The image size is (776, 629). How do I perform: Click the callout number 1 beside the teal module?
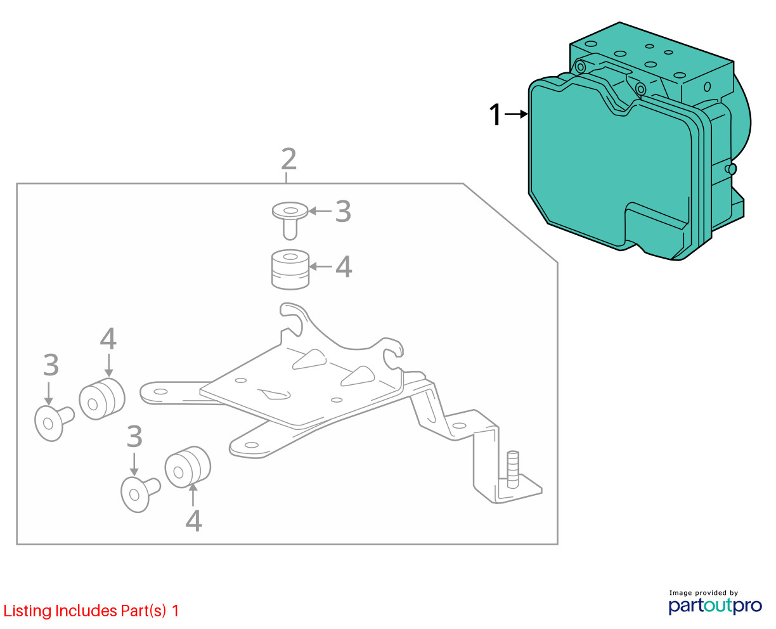point(495,114)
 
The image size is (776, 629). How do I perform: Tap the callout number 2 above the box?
point(289,159)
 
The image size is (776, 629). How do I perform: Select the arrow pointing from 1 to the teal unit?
point(516,114)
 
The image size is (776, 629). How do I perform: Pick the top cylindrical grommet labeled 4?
point(290,269)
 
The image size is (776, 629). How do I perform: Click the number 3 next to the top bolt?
point(343,211)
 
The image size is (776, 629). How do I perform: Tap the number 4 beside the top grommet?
point(344,267)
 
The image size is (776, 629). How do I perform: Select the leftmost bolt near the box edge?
point(54,423)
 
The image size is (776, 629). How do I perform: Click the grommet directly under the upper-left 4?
point(102,399)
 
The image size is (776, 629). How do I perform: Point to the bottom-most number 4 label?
point(193,521)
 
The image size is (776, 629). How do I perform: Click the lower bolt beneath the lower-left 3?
point(140,494)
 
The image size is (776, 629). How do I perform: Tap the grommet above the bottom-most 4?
point(188,467)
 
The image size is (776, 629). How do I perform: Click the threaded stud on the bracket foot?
point(513,469)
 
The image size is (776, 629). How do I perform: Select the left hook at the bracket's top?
point(292,317)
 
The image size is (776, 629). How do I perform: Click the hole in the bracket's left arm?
point(160,392)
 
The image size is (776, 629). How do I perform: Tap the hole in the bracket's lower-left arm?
point(252,445)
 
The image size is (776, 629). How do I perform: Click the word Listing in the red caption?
point(28,611)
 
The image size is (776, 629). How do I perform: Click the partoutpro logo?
point(715,606)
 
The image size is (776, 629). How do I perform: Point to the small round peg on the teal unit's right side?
point(731,169)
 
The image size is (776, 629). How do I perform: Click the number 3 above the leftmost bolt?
point(51,365)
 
